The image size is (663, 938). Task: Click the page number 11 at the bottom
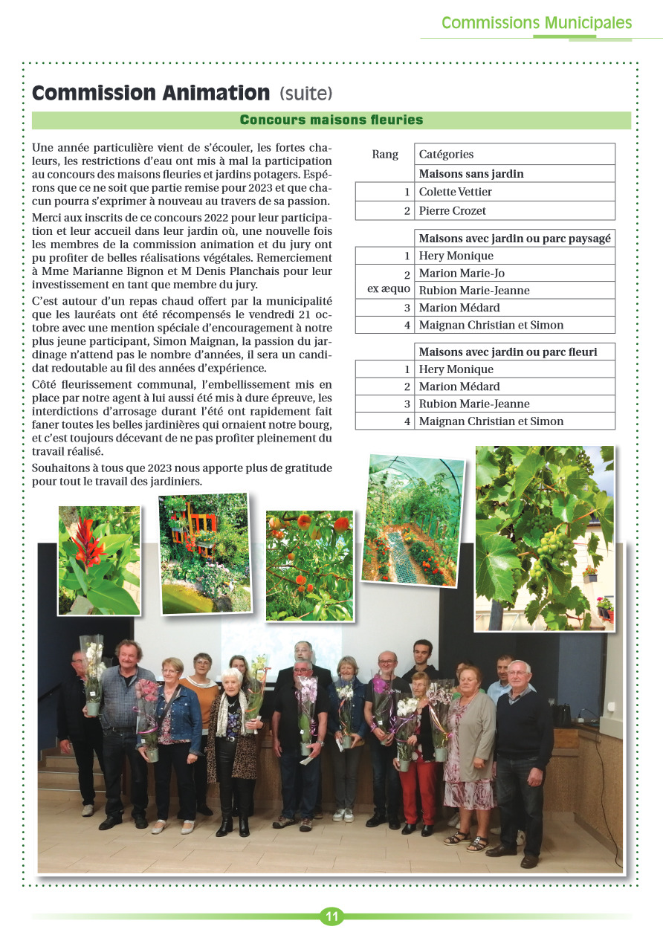331,916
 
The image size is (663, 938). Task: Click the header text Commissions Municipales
537,23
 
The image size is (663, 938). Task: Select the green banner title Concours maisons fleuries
331,120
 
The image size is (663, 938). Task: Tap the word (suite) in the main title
306,94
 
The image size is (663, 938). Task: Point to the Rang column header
385,155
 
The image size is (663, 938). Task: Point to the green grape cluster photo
544,537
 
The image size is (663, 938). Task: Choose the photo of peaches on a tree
309,565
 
